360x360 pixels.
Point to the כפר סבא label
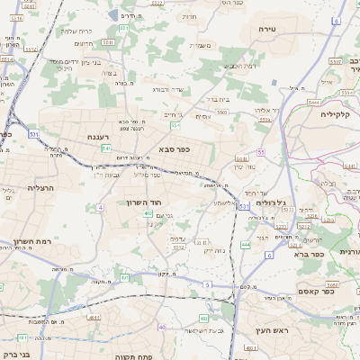point(173,148)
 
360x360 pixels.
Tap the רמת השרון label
point(34,242)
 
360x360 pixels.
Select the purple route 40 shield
point(162,327)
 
